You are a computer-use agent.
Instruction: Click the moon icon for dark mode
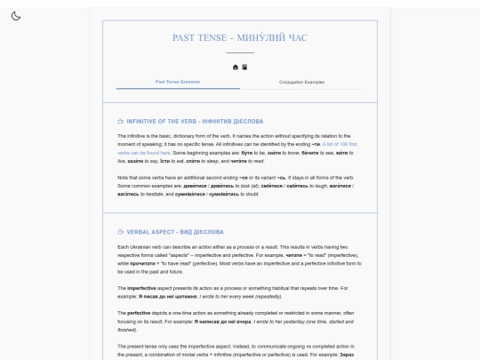[x=16, y=17]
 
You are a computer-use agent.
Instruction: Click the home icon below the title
[x=236, y=67]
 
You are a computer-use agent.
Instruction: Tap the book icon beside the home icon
[x=244, y=67]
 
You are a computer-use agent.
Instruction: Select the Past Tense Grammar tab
[x=178, y=82]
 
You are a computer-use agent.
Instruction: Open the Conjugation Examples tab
[x=301, y=82]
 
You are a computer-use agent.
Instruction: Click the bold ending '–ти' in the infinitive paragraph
[x=316, y=143]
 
